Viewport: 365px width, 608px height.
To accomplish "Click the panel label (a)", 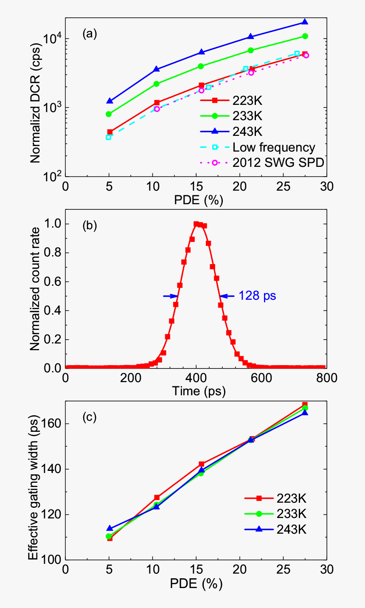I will point(90,34).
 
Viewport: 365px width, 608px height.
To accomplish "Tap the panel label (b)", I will point(90,225).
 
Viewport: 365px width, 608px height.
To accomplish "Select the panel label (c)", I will point(90,417).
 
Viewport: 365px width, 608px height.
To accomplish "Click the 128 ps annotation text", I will point(257,296).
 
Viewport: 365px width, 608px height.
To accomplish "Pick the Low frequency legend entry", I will point(274,147).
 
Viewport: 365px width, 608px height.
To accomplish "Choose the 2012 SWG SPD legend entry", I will point(278,162).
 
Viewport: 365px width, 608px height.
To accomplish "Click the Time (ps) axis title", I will point(199,391).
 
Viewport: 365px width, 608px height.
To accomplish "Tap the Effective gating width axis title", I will point(33,481).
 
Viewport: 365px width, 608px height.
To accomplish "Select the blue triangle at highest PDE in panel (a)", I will point(305,22).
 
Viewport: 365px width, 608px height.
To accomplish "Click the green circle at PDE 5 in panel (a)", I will point(109,114).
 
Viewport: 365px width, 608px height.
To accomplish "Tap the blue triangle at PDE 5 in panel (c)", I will point(109,528).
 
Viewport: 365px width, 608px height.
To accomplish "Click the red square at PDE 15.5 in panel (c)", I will point(202,464).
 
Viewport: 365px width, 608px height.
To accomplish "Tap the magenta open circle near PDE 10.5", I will point(157,109).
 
